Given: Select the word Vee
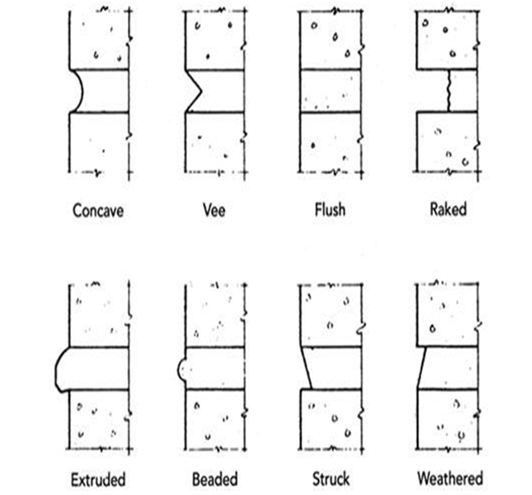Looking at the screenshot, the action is tap(215, 211).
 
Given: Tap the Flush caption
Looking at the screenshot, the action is tap(329, 211).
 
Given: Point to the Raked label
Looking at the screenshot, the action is tap(448, 211).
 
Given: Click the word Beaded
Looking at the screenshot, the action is tap(215, 480).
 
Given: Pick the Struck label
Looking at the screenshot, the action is tap(330, 480).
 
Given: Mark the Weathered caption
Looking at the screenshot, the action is tap(450, 480).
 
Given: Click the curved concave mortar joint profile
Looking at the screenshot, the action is tap(79, 91).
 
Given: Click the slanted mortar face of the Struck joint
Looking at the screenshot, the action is tap(306, 369).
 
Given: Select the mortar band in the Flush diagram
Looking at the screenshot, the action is tap(330, 91).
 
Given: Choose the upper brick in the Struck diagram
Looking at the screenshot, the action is tap(331, 314).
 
